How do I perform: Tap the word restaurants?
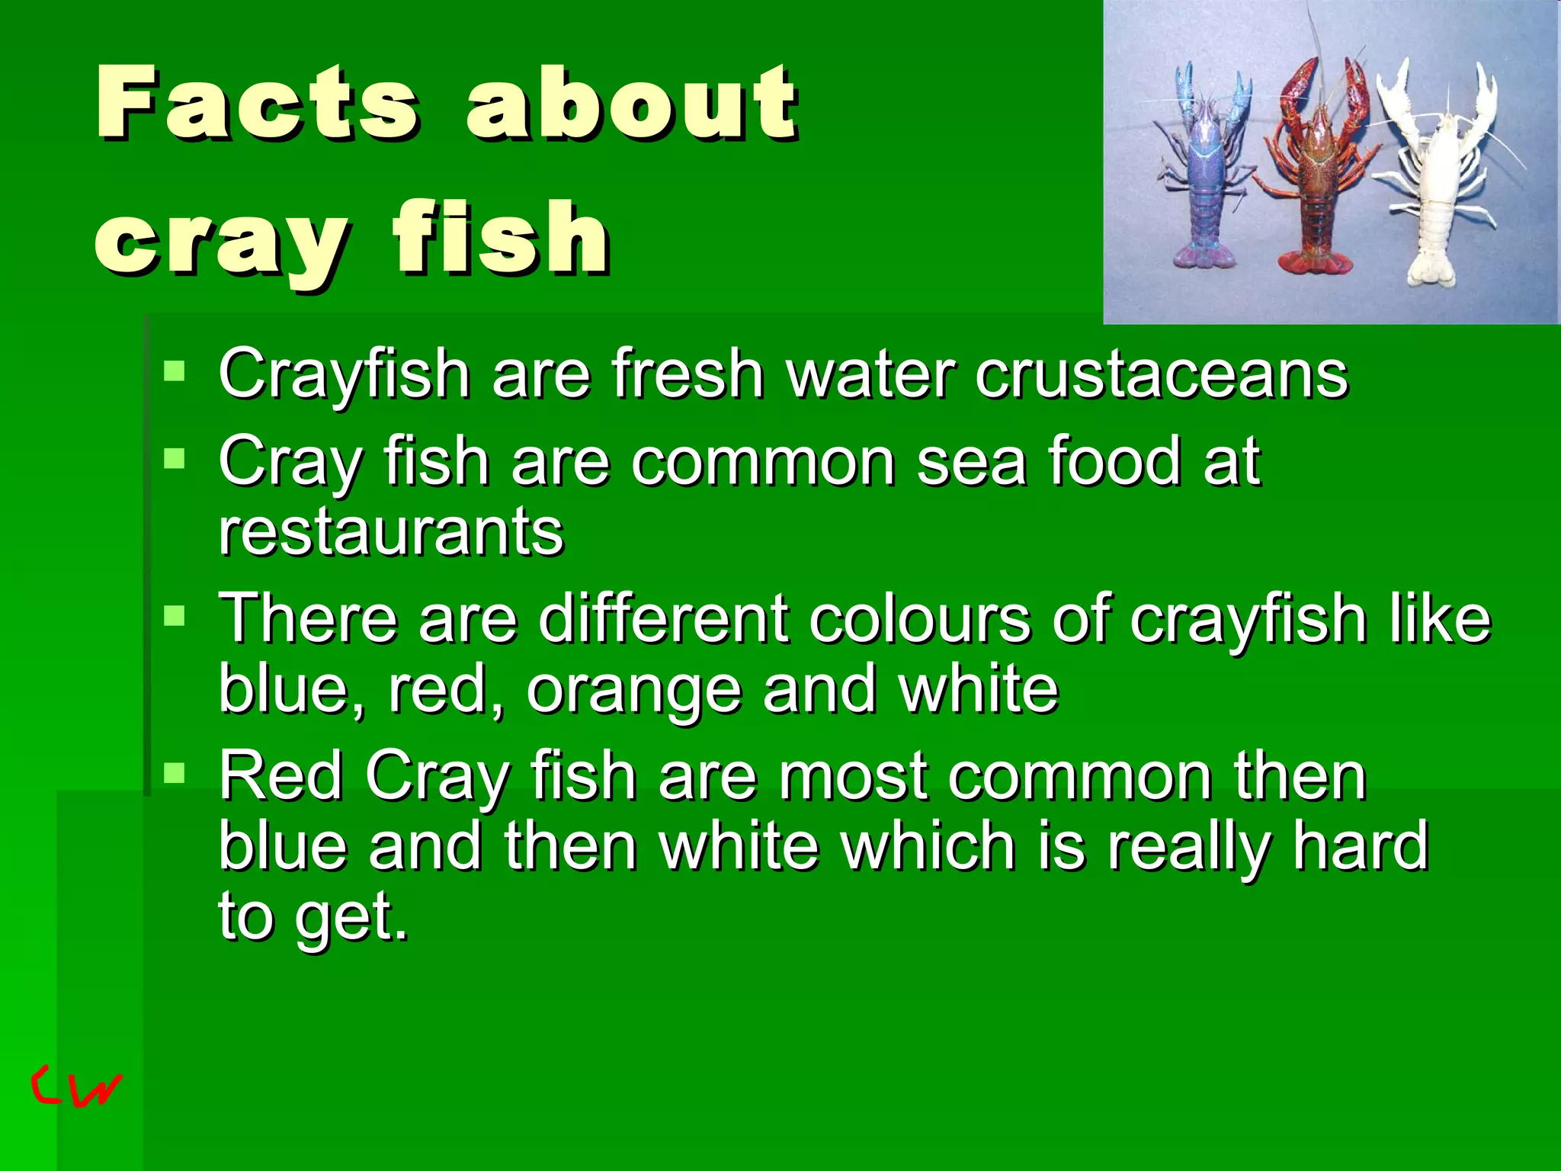(391, 531)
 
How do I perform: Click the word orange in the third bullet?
(634, 688)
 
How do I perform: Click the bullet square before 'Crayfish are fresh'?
(175, 371)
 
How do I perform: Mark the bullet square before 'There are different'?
(175, 615)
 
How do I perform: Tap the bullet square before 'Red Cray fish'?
(175, 774)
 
